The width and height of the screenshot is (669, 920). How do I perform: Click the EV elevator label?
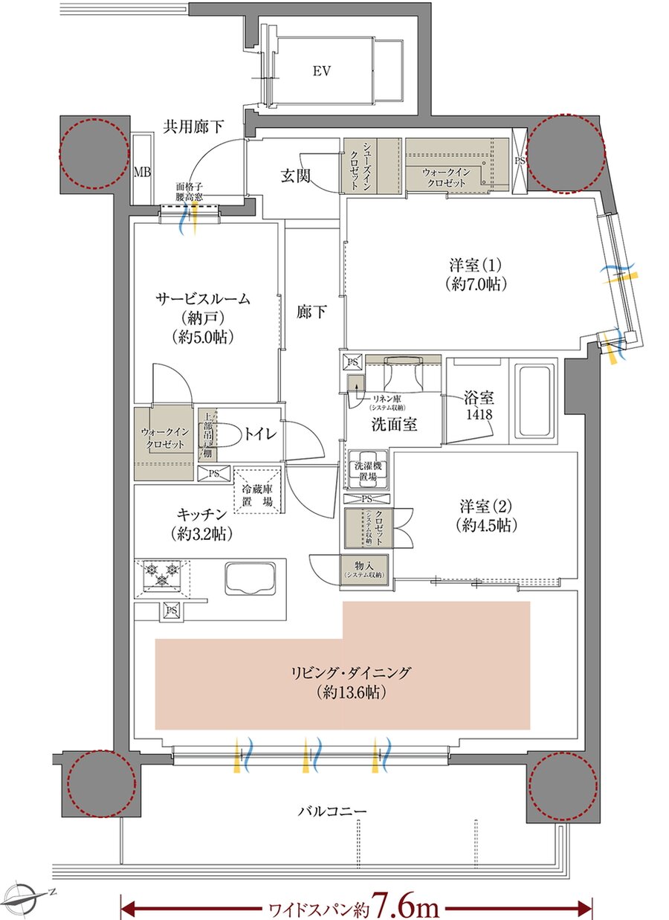click(321, 71)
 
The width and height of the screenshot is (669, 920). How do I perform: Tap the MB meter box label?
click(141, 173)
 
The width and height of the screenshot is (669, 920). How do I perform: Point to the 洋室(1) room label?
click(476, 273)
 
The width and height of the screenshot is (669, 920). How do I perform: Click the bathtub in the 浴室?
click(535, 402)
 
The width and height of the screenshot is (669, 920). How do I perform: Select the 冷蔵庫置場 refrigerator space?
click(257, 489)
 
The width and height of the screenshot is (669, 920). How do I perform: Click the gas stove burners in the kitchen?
click(162, 573)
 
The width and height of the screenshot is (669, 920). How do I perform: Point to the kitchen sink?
click(252, 578)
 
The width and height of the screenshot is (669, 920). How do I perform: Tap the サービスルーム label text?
click(203, 300)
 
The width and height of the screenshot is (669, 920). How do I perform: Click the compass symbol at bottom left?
click(30, 895)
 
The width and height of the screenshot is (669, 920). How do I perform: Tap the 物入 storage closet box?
click(363, 570)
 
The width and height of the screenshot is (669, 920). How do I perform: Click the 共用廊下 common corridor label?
click(193, 127)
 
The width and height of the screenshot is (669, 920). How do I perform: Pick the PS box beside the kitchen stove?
click(172, 609)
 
